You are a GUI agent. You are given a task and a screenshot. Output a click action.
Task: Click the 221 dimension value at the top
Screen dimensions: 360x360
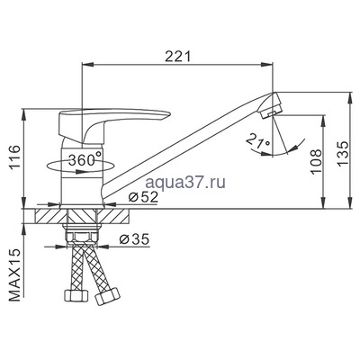click(183, 57)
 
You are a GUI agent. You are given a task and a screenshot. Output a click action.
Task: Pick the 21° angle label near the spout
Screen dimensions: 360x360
click(256, 140)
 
